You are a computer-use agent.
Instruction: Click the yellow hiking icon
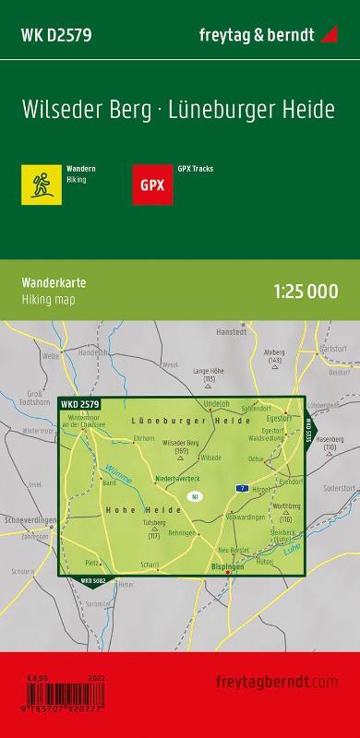(x=42, y=183)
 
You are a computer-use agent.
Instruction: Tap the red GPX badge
(x=151, y=183)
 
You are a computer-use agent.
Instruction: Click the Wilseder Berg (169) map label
(x=181, y=446)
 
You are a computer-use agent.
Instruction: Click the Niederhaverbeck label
(x=176, y=479)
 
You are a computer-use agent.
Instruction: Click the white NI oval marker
(x=194, y=497)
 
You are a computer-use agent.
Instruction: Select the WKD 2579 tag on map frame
(x=79, y=404)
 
